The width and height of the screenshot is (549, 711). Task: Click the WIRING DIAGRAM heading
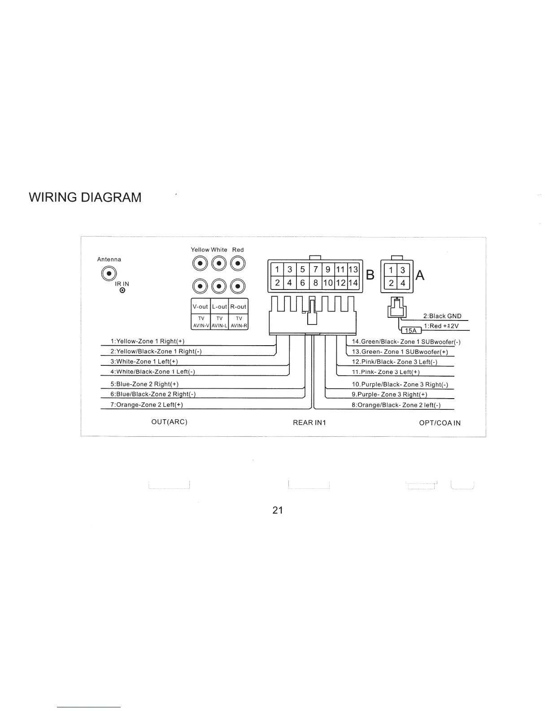(x=85, y=197)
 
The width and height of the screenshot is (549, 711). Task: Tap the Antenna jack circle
(x=108, y=273)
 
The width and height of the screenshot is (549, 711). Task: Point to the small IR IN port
(x=122, y=290)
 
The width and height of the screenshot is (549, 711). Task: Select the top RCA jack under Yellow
(x=200, y=263)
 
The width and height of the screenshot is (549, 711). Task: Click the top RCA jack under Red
(x=238, y=263)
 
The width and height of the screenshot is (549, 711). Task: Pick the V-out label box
(x=200, y=307)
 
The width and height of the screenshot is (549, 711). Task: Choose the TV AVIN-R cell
(x=239, y=322)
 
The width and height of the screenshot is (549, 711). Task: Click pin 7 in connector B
(x=316, y=269)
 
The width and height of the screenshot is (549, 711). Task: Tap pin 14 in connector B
(x=353, y=283)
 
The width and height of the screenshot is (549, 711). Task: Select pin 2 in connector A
(x=391, y=283)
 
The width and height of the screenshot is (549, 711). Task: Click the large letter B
(x=370, y=275)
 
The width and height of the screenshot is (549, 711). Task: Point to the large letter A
(x=420, y=275)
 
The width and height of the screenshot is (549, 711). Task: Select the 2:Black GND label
(x=442, y=316)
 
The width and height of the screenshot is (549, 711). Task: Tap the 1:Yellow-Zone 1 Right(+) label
(x=148, y=341)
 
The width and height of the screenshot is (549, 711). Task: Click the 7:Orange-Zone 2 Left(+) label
(x=147, y=405)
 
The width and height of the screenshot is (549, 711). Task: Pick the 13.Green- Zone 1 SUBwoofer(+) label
(x=400, y=352)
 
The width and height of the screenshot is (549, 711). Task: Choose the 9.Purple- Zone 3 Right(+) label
(x=389, y=395)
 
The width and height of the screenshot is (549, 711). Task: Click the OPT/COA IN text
(x=440, y=423)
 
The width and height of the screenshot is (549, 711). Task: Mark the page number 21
(x=278, y=510)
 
